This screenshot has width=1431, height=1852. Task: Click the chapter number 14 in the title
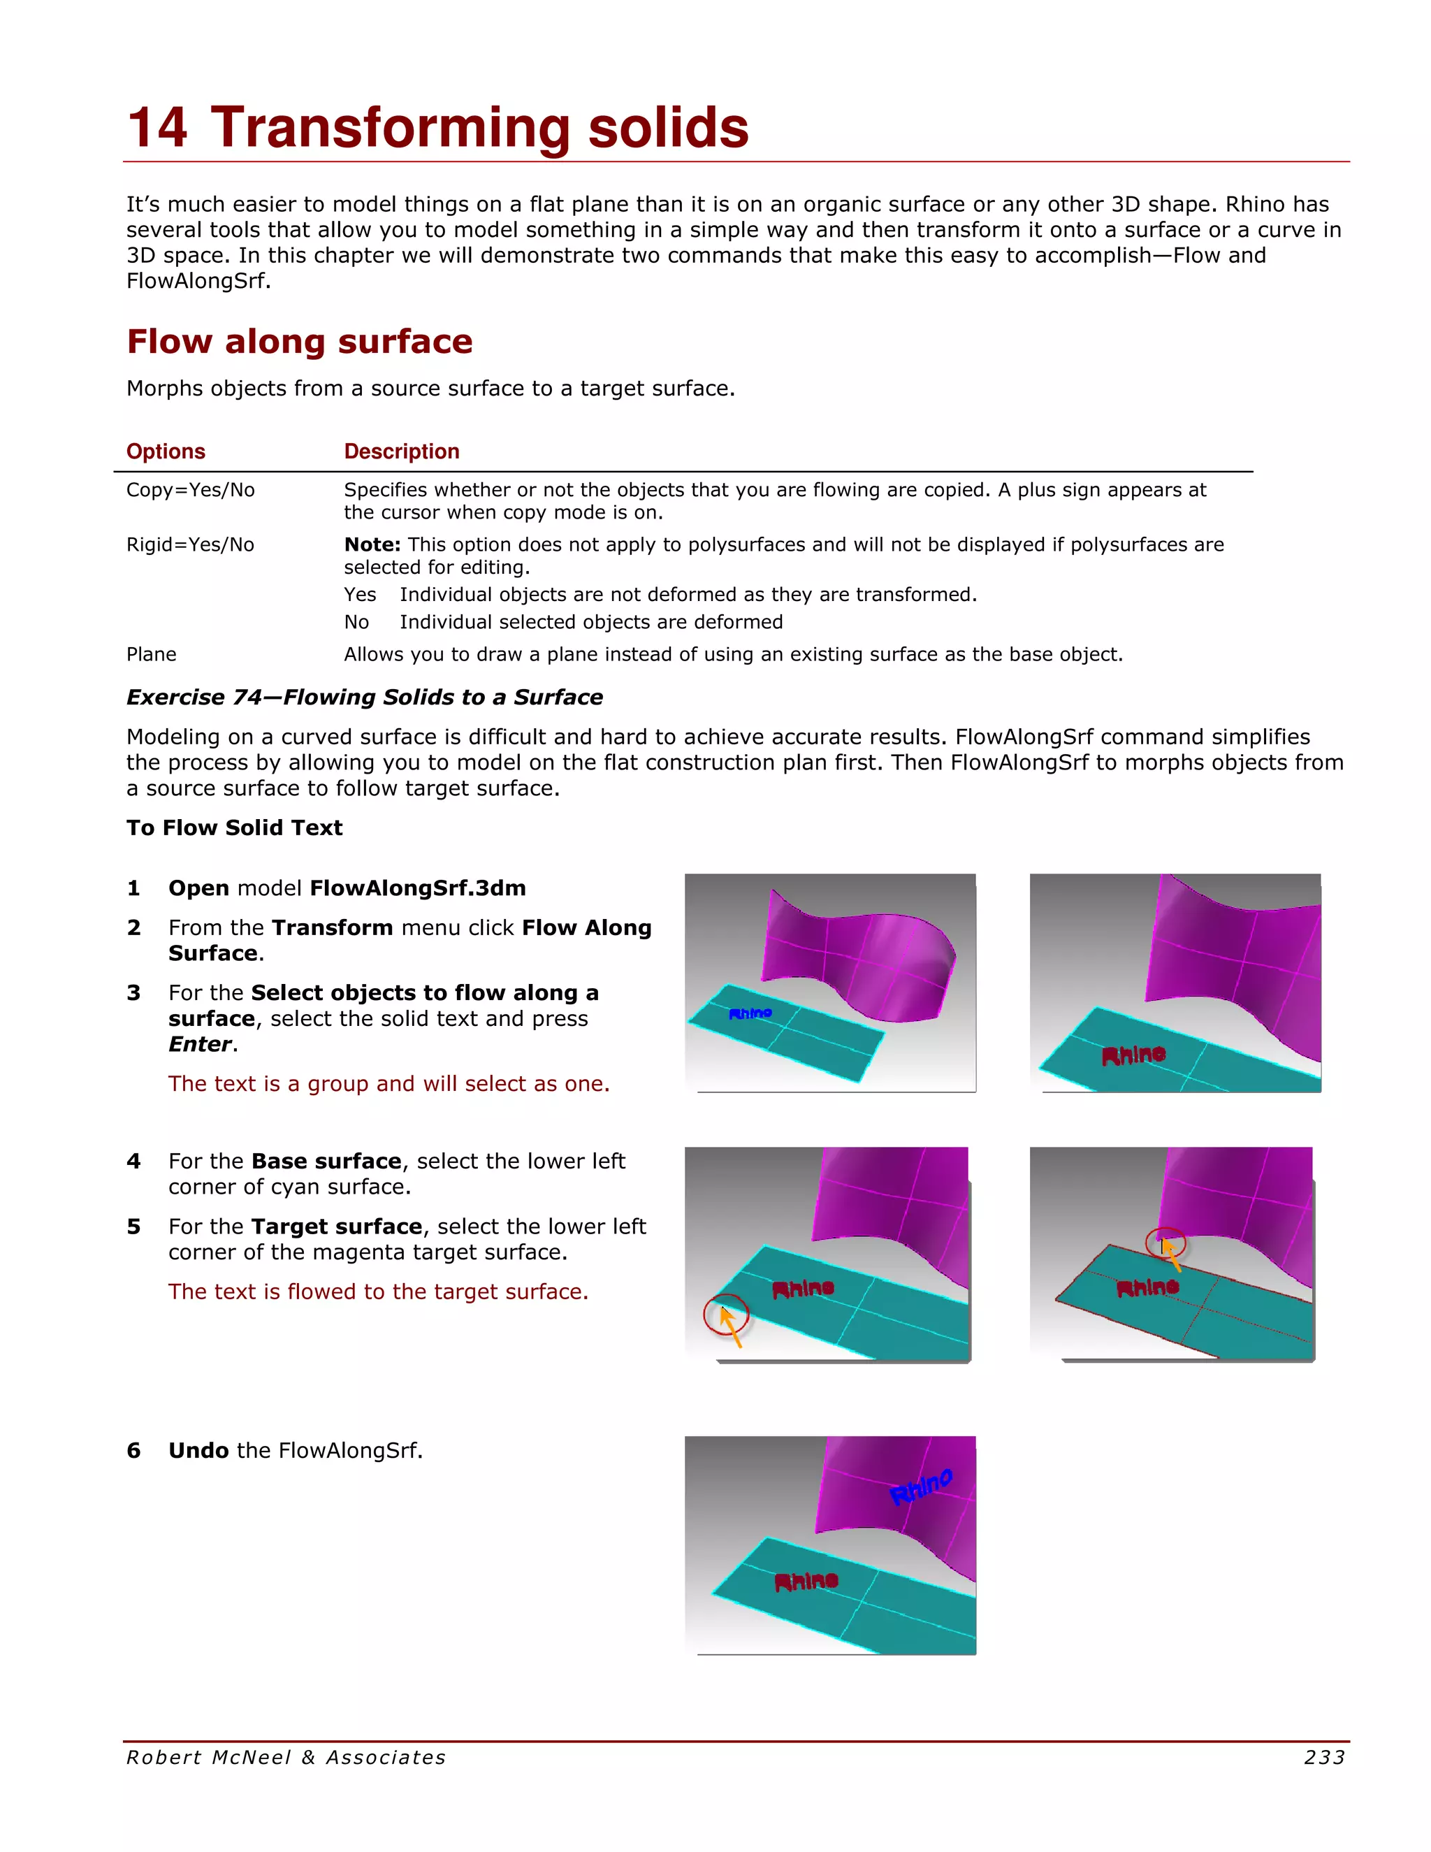coord(158,129)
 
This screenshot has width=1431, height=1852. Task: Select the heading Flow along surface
coord(299,342)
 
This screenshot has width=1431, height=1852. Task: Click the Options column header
coord(166,451)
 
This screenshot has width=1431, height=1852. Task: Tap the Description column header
coord(401,451)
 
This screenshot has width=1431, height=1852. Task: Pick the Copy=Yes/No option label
coord(190,490)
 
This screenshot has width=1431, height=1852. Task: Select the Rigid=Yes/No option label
coord(190,544)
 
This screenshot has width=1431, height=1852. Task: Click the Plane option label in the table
coord(151,655)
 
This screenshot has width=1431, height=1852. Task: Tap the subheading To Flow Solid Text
coord(234,827)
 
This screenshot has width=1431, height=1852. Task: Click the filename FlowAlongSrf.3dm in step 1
coord(417,888)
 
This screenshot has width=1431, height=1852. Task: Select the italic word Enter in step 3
coord(200,1044)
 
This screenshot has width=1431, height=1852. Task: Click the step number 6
coord(134,1451)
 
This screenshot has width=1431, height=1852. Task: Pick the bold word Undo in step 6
coord(198,1451)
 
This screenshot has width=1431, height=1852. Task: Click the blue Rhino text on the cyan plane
coord(750,1013)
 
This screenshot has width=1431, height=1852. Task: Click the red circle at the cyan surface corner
coord(726,1315)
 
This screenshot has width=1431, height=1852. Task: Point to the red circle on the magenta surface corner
coord(1165,1243)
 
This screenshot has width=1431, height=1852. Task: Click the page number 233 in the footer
coord(1323,1758)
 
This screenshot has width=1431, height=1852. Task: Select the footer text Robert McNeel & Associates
coord(286,1758)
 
